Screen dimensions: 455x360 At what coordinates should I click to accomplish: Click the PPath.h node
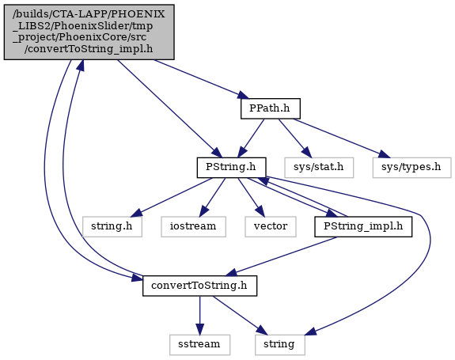coord(271,108)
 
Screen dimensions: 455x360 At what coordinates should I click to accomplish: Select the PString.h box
coord(231,168)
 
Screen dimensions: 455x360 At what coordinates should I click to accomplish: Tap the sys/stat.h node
coord(319,168)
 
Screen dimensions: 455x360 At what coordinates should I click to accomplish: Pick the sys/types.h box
coord(411,168)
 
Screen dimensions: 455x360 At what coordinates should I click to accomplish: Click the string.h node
coord(112,226)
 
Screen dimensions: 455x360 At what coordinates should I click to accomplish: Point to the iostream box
coord(193,226)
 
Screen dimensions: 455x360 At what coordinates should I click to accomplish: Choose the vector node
coord(271,226)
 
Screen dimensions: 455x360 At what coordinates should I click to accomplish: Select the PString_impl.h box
coord(363,226)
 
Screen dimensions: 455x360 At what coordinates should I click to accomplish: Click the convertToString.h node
coord(199,286)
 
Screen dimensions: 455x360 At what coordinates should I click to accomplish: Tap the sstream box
coord(199,345)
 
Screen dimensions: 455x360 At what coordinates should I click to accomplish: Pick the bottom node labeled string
coord(280,345)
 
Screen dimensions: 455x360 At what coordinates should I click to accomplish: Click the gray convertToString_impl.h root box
coord(89,32)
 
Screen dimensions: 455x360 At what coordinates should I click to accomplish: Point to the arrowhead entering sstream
coord(199,330)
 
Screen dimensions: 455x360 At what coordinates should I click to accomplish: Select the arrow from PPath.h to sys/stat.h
coord(294,138)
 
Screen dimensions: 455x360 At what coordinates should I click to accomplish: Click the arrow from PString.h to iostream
coord(212,197)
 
